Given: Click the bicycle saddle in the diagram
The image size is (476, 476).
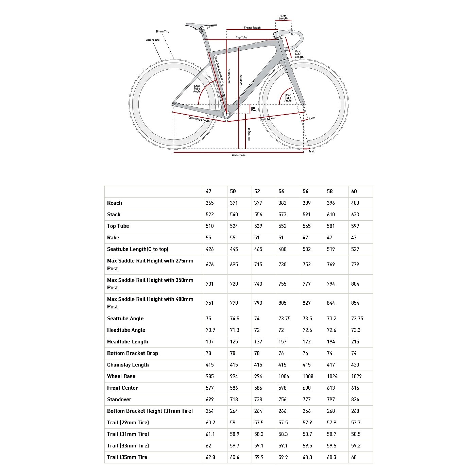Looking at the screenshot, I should tap(201, 26).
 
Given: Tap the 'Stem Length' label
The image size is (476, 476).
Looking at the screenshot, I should tap(283, 17).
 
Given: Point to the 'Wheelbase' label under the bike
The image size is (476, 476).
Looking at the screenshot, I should tap(239, 155).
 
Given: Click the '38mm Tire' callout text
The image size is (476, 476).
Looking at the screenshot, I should tap(162, 32).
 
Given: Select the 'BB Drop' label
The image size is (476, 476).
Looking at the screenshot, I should tap(254, 109).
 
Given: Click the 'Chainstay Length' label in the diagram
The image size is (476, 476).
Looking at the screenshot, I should tap(199, 119).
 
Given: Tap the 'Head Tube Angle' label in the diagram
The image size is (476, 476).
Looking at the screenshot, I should tap(288, 98).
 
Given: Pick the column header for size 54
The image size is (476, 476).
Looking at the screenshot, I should tap(281, 191).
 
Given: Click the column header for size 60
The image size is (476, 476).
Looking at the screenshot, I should tap(354, 191).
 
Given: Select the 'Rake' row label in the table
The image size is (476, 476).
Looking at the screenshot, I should tap(113, 238).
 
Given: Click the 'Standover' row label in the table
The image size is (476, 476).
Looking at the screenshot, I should tap(119, 400).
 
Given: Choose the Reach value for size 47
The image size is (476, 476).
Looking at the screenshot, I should tap(210, 203).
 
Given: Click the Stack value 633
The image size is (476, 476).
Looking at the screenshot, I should tap(355, 215).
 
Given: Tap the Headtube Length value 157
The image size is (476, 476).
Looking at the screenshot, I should tap(282, 342).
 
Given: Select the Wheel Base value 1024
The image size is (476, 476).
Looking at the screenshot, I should tap(332, 376).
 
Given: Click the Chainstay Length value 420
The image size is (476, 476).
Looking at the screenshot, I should tap(355, 365).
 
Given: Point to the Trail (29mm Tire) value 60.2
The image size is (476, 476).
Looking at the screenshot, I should tap(210, 423).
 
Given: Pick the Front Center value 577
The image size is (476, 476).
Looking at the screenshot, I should tap(210, 388).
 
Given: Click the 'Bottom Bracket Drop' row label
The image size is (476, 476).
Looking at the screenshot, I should tap(133, 353).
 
